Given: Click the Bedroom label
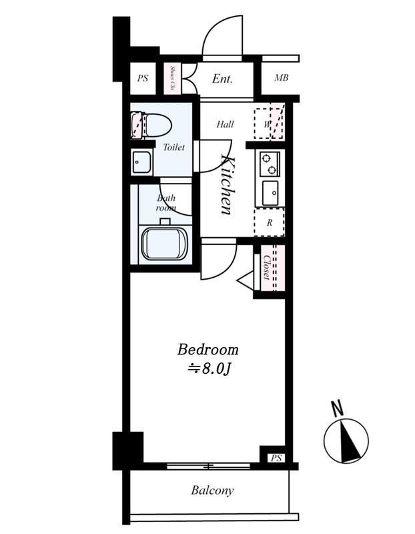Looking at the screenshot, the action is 207,350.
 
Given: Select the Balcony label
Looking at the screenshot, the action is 212,491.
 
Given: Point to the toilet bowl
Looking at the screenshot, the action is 151,125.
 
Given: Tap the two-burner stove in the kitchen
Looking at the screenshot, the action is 270,164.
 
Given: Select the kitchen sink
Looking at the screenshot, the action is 270,193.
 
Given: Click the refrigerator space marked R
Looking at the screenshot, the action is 270,222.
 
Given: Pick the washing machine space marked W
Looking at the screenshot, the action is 269,123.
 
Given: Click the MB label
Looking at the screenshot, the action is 281,78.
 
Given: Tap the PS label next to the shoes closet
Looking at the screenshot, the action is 143,78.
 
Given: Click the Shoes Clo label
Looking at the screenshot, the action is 172,79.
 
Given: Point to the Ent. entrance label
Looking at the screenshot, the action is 222,79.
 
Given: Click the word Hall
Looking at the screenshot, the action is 225,124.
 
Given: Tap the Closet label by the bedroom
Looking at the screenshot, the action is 267,268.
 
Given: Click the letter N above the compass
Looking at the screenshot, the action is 337,409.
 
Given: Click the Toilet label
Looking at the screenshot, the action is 173,147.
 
